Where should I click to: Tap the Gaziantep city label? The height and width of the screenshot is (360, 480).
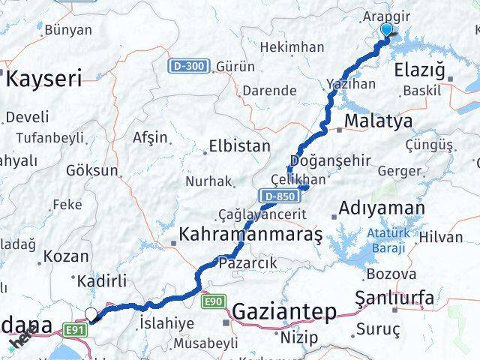click(x=284, y=311)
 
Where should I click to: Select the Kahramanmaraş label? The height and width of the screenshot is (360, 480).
click(x=250, y=235)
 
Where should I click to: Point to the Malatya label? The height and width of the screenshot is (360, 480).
click(x=378, y=121)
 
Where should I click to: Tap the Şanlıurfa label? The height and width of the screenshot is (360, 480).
click(x=394, y=298)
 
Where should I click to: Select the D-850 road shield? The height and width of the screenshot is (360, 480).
click(x=277, y=196)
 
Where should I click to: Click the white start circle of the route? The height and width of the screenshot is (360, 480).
click(x=91, y=315)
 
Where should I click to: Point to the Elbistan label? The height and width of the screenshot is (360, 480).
click(x=240, y=145)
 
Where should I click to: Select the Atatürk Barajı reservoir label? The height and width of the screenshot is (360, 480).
click(x=388, y=238)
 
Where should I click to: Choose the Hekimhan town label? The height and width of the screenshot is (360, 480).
click(x=292, y=47)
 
